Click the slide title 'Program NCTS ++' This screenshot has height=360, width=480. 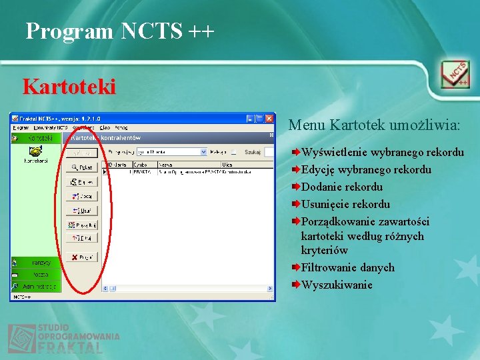tap(120, 31)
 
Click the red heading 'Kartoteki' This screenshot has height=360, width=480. tap(69, 87)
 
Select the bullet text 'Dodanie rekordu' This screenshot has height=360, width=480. tap(342, 187)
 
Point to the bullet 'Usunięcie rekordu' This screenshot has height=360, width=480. tap(345, 204)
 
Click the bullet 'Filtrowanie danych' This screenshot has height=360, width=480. tap(348, 267)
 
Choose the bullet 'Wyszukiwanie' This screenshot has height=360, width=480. tap(337, 285)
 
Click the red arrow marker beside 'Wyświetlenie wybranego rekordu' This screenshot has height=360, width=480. tap(295, 152)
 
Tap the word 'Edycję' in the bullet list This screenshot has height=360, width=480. tap(317, 169)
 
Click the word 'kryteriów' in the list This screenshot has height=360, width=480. tap(325, 250)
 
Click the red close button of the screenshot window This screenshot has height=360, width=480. tap(269, 119)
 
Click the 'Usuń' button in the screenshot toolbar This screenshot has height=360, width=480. tap(82, 211)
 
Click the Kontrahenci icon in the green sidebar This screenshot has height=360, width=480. tap(36, 154)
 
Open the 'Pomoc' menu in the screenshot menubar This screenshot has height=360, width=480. tap(121, 127)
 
